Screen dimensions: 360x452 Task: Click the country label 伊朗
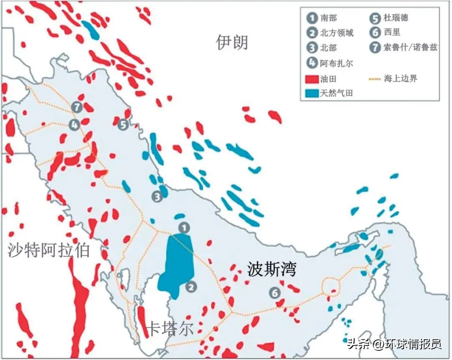coord(232,42)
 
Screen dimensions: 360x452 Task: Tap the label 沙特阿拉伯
coord(49,250)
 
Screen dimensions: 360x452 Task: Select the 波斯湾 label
coord(271,269)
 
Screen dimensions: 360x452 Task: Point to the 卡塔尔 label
coord(171,328)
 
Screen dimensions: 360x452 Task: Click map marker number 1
coord(184,227)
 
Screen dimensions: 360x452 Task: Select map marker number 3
coord(157,196)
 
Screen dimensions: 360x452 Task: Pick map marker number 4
coord(74,124)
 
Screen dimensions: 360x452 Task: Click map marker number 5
coord(123,124)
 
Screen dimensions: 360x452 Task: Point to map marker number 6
coord(275,293)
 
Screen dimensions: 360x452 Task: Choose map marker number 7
coord(77,107)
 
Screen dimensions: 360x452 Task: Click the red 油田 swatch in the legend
coord(312,79)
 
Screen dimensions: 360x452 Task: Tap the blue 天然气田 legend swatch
coord(312,93)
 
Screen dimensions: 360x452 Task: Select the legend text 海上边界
coord(401,78)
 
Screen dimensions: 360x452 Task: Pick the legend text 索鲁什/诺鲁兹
coord(410,47)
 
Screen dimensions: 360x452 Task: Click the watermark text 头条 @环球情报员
coord(394,344)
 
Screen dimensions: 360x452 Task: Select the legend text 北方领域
coord(336,33)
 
